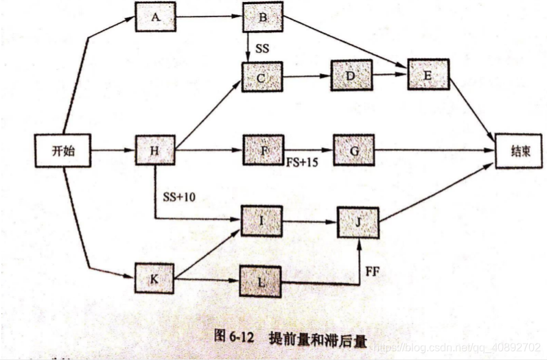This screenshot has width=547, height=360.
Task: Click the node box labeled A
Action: click(156, 19)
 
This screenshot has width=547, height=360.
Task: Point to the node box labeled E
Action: click(428, 74)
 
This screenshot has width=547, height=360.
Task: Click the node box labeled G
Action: click(353, 149)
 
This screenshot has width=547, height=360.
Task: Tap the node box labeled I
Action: click(261, 220)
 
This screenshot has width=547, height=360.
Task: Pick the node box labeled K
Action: click(155, 278)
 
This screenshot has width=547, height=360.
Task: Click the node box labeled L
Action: click(260, 282)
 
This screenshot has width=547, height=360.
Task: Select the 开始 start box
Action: click(63, 150)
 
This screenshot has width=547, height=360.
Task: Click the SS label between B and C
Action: click(261, 49)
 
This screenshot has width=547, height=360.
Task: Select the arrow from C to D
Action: click(306, 77)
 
